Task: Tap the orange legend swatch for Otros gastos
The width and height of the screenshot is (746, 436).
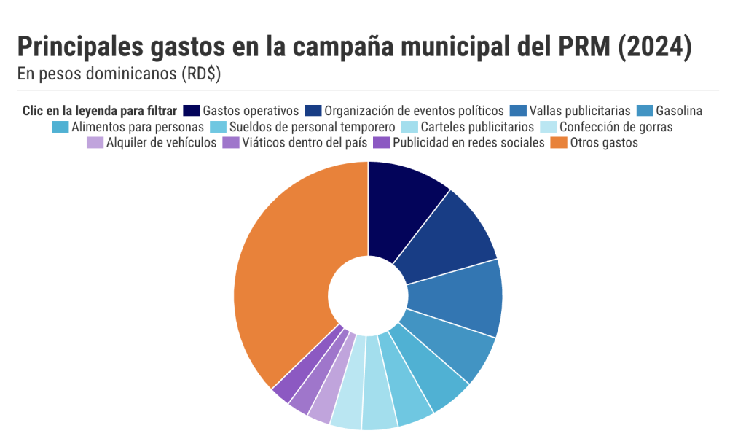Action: pos(558,143)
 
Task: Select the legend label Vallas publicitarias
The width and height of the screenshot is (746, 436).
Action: pos(580,111)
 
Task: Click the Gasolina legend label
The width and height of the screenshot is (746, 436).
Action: pos(679,111)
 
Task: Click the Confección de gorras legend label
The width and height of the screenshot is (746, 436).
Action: pos(616,127)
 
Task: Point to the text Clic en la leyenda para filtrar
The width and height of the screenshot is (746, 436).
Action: pos(99,111)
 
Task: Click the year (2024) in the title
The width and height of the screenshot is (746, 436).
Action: pos(653,47)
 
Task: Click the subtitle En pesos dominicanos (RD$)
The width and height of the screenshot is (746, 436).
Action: pos(119,74)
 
